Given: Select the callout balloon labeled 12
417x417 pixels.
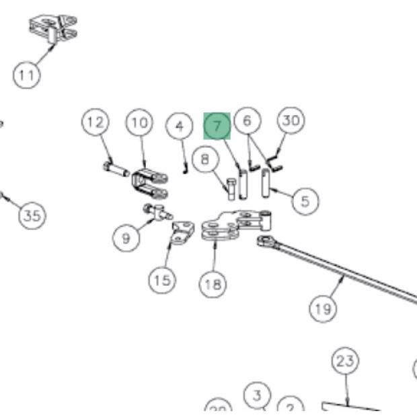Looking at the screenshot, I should (x=96, y=122).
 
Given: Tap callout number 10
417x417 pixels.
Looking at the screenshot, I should (x=139, y=122).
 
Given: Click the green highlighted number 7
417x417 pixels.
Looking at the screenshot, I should (x=217, y=126).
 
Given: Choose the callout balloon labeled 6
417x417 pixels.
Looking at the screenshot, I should (x=248, y=121).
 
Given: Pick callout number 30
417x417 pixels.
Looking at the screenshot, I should (x=291, y=121).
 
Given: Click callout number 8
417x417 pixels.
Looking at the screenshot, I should (x=205, y=159).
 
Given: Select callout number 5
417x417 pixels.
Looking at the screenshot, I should (x=305, y=200).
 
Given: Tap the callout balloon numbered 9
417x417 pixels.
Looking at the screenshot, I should (x=126, y=238).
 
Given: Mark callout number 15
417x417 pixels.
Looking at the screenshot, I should (x=161, y=279).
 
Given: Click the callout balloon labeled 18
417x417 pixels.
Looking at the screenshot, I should (x=213, y=285).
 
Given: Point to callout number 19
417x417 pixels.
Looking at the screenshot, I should (x=323, y=309).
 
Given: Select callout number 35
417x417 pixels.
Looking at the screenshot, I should (x=31, y=216).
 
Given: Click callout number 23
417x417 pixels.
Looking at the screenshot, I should (x=345, y=361).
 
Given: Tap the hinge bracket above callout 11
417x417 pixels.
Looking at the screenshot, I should (x=53, y=28).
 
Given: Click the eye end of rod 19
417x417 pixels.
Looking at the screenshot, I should (x=266, y=240).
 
